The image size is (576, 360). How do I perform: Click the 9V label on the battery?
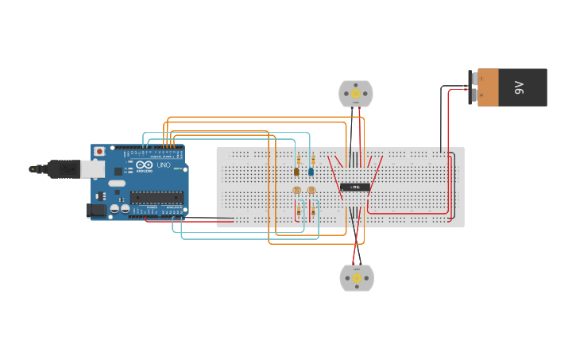pos(520,87)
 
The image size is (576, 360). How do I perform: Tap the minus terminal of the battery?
pos(473,78)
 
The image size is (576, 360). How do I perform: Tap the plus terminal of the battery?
pos(473,96)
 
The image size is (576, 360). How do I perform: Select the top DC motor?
pos(356,94)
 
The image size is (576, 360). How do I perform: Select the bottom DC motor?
pos(357,278)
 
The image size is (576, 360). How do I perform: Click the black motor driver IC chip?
pos(355,188)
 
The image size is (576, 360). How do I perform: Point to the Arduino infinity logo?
pos(144,166)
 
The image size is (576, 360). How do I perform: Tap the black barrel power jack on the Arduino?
pos(95,211)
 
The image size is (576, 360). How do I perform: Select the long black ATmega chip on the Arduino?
pos(157,197)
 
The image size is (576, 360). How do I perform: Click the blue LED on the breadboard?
pos(311,172)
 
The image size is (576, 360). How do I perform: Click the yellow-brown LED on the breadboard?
pos(296,172)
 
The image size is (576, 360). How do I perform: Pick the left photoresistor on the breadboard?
pos(297,191)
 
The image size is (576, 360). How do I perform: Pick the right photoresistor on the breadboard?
pos(311,191)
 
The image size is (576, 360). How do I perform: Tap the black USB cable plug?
pos(63,168)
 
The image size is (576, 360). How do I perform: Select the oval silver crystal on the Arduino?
pos(117,184)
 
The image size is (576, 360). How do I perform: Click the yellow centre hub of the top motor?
pos(356,94)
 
